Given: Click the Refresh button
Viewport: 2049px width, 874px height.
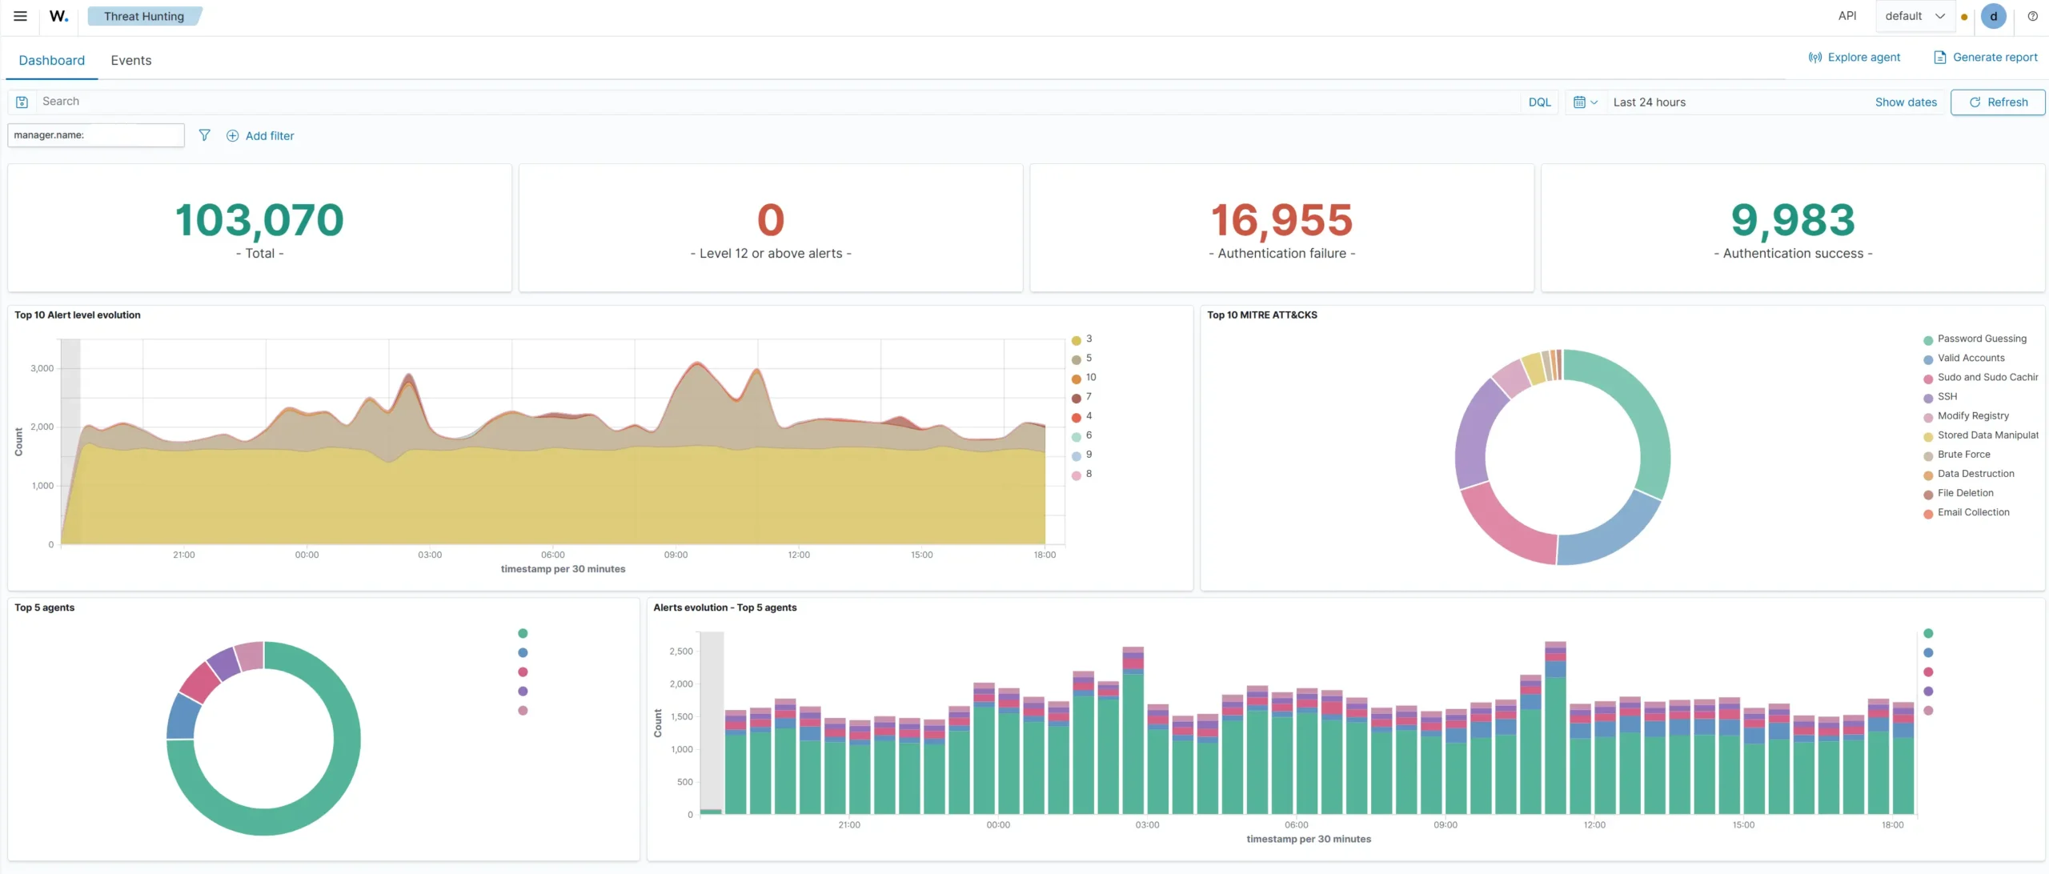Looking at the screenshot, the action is (1998, 102).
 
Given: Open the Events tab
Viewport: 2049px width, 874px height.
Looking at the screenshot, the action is (131, 60).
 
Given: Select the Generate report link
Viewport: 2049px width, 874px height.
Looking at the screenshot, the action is (1986, 57).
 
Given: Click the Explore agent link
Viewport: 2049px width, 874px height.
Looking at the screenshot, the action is (1855, 57).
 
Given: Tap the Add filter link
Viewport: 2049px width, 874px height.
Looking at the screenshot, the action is (260, 136).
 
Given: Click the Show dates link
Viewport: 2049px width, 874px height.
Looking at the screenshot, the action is (1906, 102).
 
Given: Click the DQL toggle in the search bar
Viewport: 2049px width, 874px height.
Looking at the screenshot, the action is (1539, 102).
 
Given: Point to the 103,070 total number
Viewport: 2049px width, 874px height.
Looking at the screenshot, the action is (259, 220).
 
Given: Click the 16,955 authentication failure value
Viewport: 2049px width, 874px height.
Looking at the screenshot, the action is (1281, 220).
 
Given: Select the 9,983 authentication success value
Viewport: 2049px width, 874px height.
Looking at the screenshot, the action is (1793, 220).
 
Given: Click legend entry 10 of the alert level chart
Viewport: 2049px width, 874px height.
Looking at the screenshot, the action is (1084, 378).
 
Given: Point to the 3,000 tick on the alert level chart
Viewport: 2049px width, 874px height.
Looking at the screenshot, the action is (42, 368).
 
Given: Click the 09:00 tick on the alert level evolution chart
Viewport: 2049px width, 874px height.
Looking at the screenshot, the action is (676, 555).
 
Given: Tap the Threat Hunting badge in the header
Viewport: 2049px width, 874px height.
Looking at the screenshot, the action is (144, 16).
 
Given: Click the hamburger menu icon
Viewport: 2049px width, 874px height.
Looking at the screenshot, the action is (21, 16).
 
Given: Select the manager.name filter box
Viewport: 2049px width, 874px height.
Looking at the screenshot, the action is (96, 135).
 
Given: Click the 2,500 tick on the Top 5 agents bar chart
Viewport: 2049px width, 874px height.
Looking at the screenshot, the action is (681, 651).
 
